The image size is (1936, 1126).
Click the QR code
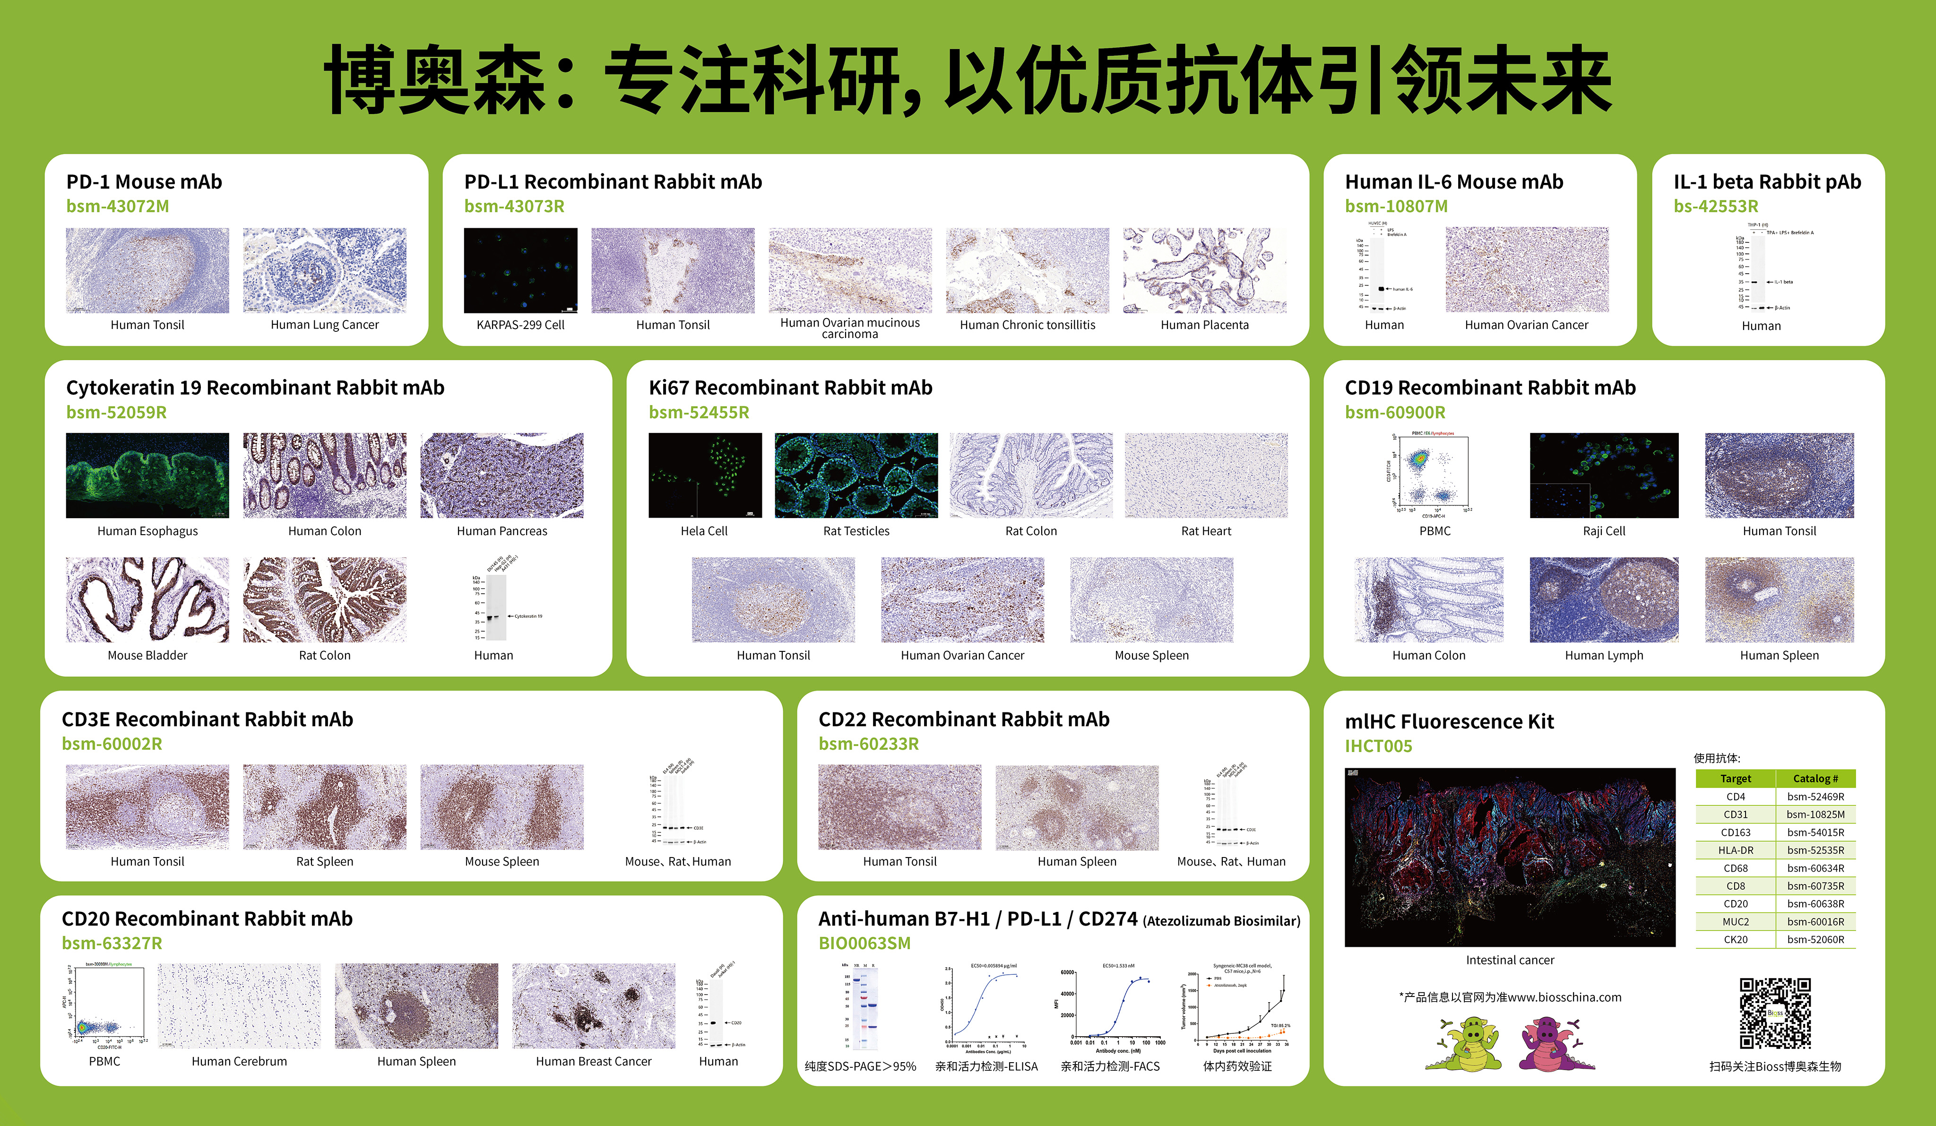1775,1013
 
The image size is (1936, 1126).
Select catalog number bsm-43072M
118,206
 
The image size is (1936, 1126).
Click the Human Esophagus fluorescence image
147,475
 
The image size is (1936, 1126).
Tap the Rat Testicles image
856,475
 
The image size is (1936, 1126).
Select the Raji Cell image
1604,475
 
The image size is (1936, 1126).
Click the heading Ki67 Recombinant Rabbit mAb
791,387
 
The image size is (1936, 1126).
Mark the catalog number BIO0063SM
864,943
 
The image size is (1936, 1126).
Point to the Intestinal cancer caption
1510,960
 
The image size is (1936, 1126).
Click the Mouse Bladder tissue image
147,599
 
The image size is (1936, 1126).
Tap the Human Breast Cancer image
594,1005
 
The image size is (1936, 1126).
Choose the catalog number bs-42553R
1716,206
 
